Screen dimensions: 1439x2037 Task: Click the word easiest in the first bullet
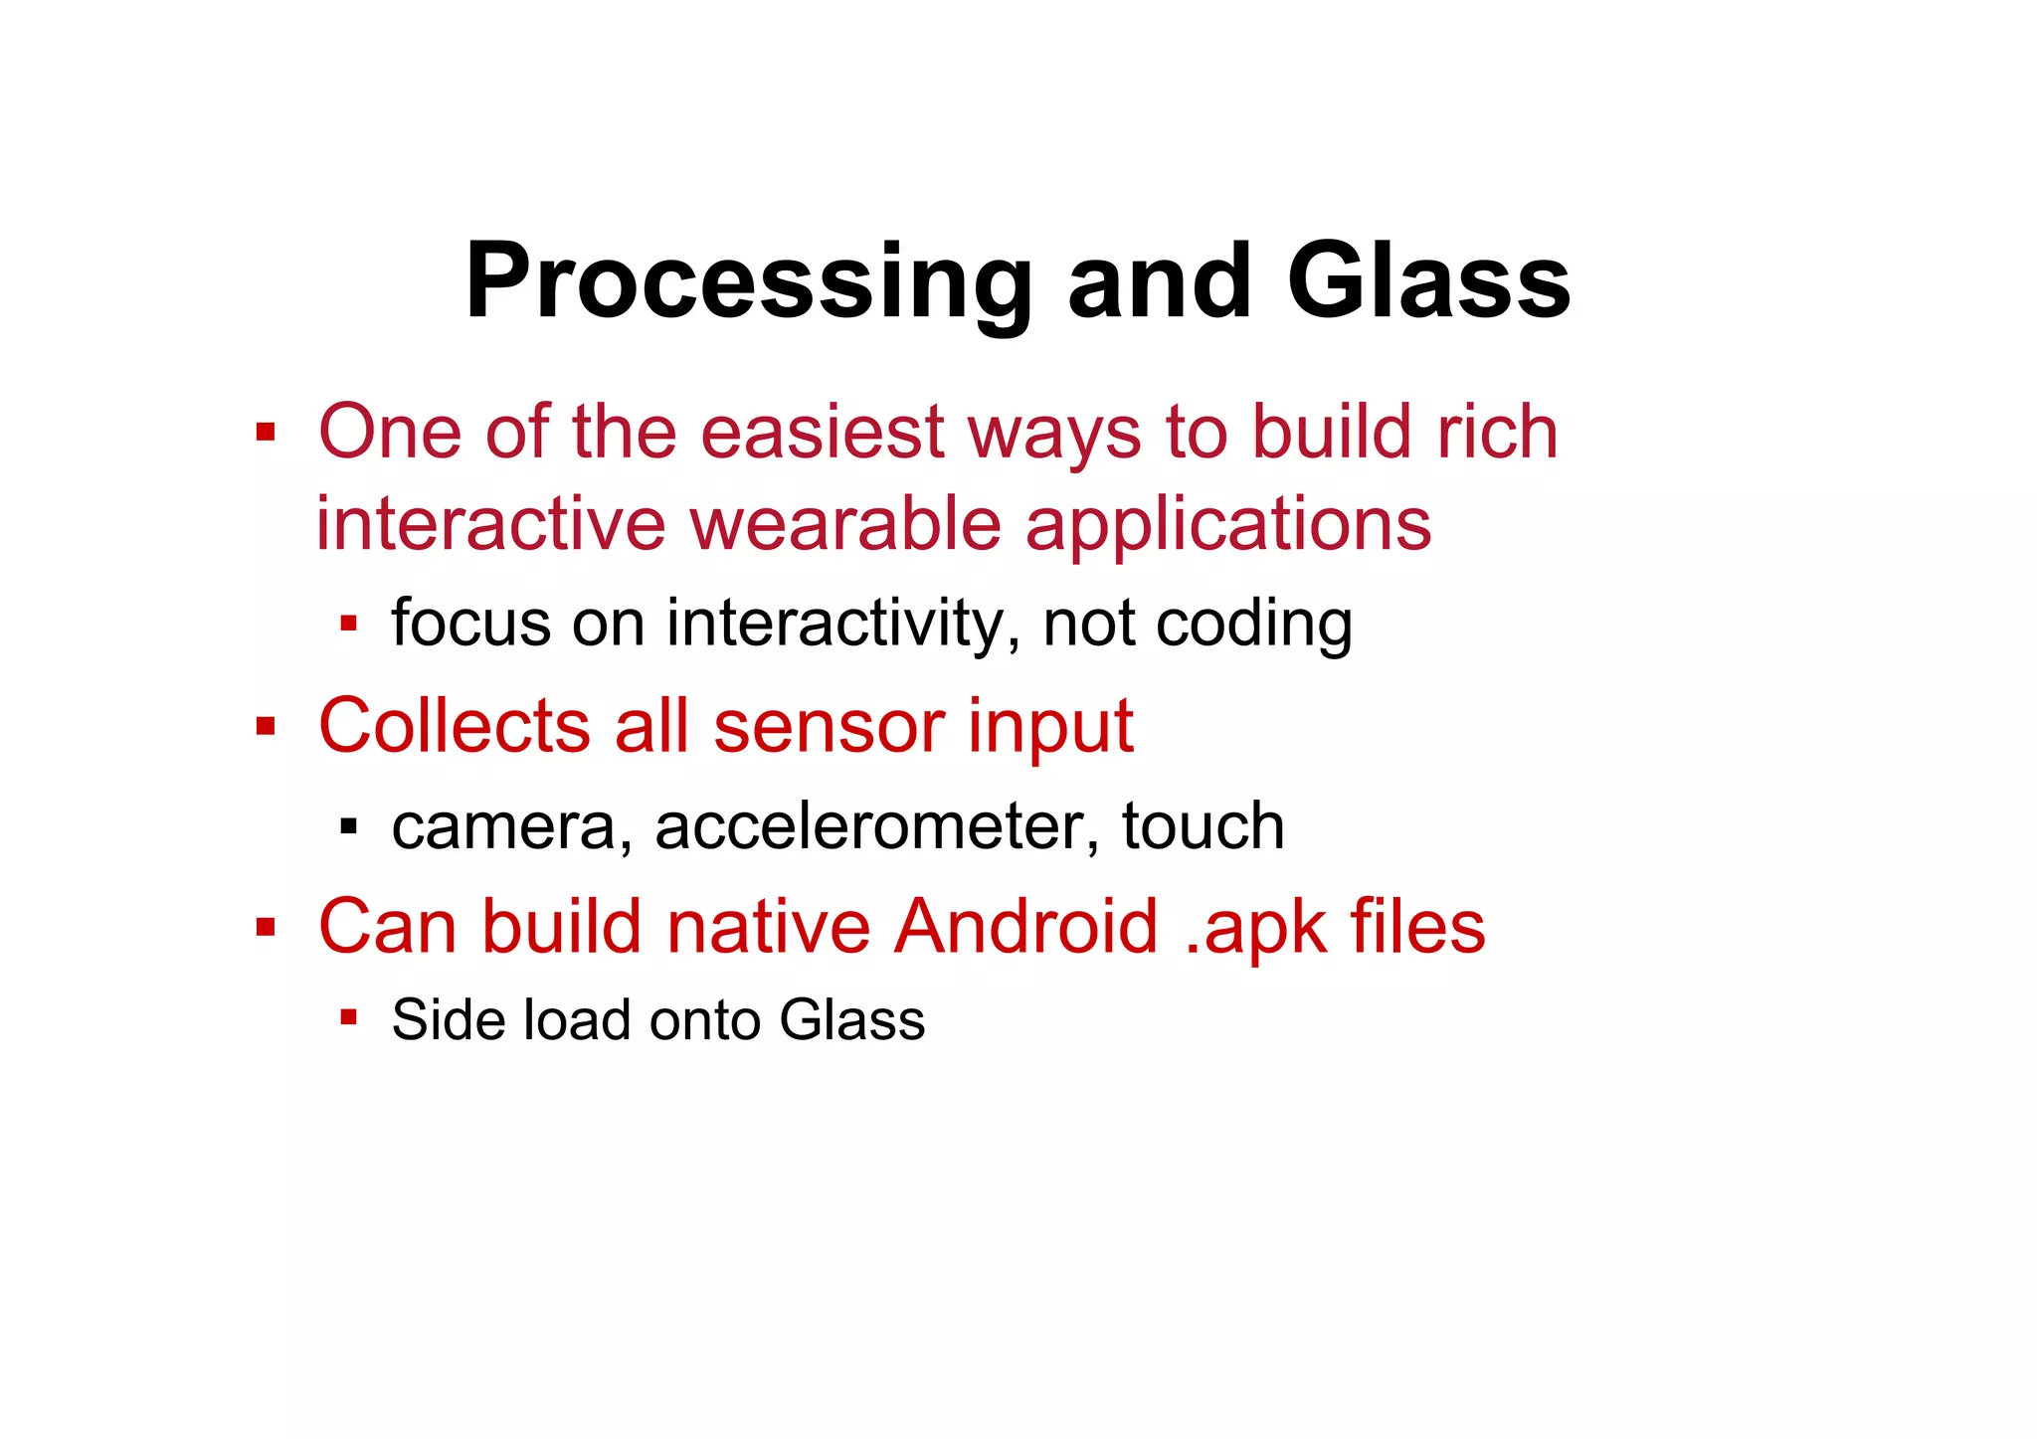[823, 433]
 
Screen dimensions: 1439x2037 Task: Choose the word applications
[1228, 526]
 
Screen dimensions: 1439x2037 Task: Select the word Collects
[455, 726]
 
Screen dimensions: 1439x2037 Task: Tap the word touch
[1204, 826]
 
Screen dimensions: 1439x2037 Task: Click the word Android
[1026, 927]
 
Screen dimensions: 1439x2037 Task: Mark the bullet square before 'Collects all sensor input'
[265, 726]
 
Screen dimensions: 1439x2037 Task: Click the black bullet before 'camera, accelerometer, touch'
[347, 825]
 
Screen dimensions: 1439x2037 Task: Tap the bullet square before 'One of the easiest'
[265, 433]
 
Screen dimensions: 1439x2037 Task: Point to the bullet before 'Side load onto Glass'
[347, 1016]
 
